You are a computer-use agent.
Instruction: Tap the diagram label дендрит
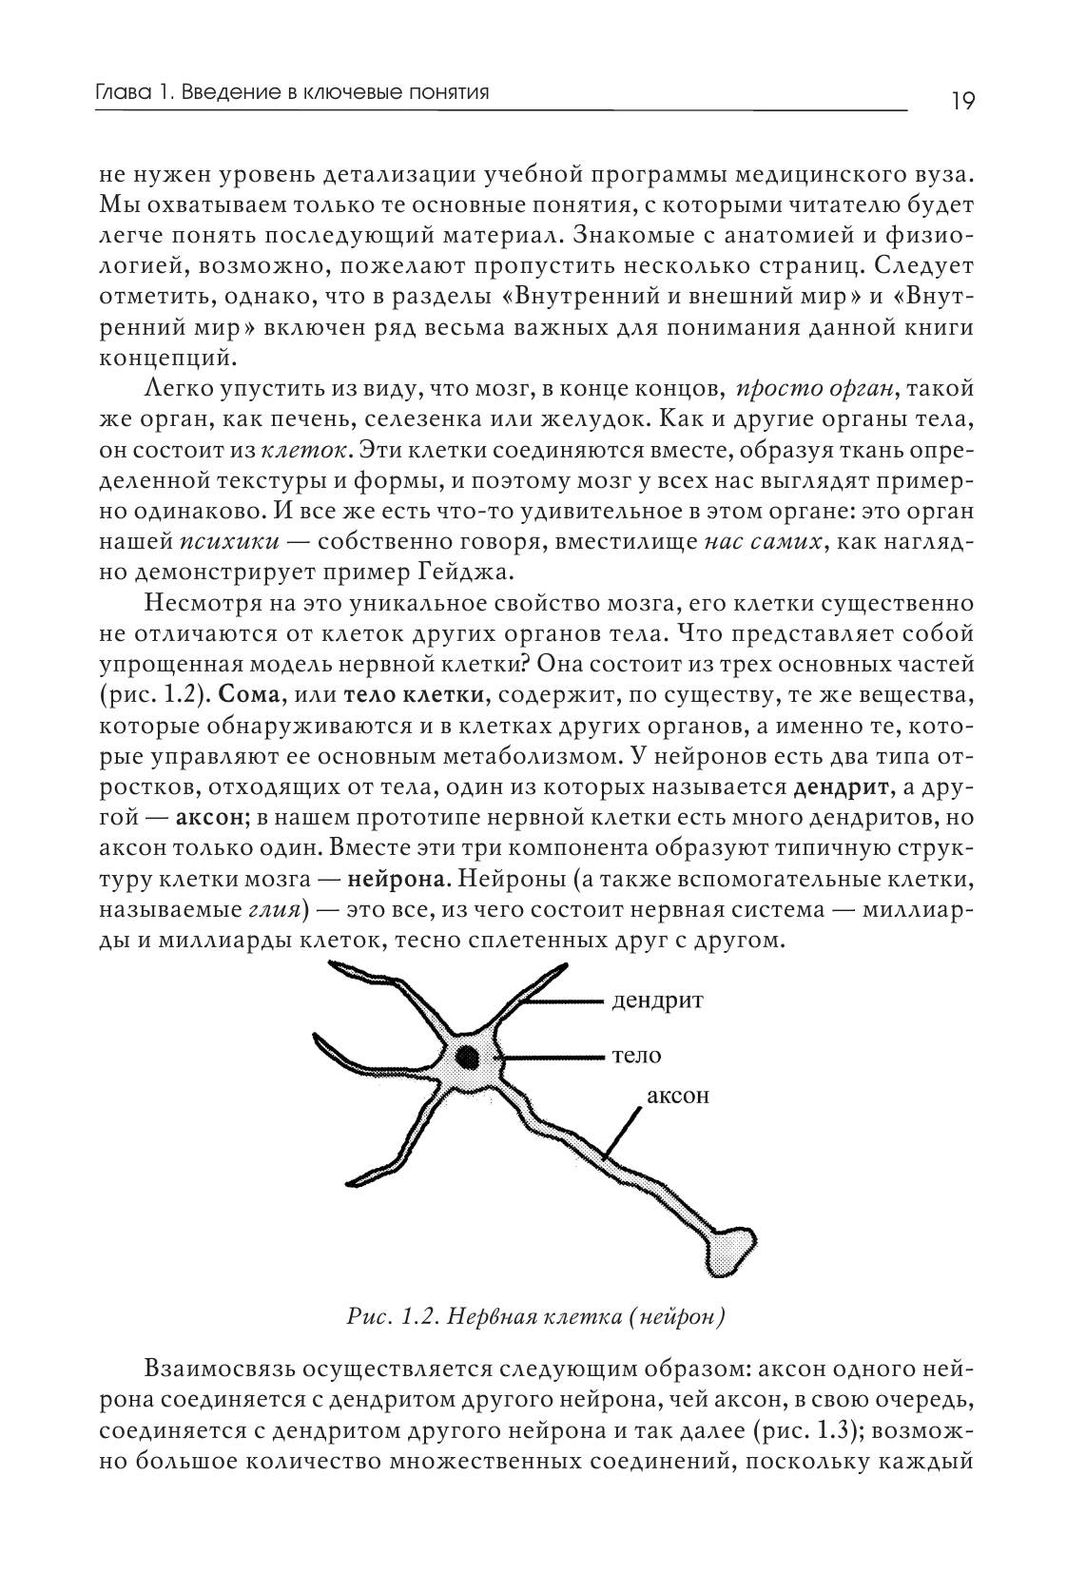pos(659,1000)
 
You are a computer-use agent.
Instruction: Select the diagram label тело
pos(637,1056)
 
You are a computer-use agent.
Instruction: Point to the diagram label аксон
pos(678,1095)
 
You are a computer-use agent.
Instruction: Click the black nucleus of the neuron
pos(468,1057)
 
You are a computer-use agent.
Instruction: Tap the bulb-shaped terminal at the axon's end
pos(733,1248)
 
